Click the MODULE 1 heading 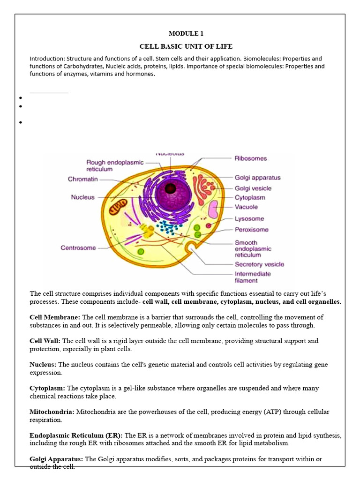186,34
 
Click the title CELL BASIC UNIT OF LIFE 186,46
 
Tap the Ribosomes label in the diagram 250,158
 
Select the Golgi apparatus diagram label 257,178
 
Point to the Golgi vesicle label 253,188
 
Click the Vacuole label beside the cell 246,207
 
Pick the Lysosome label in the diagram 249,218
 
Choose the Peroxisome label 251,230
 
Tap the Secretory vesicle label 259,264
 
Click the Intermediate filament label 253,277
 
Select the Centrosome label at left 78,248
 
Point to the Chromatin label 83,179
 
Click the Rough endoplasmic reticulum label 115,165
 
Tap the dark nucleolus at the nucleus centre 170,188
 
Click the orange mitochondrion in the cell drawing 118,206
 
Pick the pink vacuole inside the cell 213,209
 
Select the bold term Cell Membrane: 55,317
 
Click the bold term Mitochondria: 52,412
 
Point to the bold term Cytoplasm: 47,388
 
